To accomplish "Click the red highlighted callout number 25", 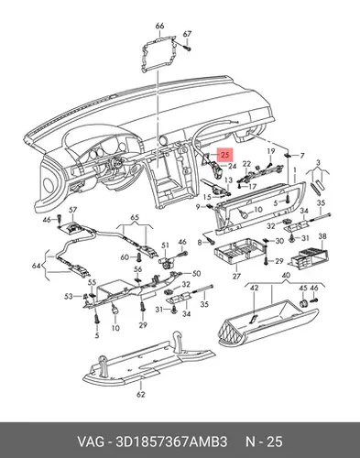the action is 225,155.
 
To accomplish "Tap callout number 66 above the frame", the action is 159,26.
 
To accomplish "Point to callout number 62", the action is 140,394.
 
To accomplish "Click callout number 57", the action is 72,210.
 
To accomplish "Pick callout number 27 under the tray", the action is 236,276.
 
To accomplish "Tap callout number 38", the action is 322,236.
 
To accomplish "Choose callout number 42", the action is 255,288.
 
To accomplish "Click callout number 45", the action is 303,288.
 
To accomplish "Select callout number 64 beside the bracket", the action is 37,266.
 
